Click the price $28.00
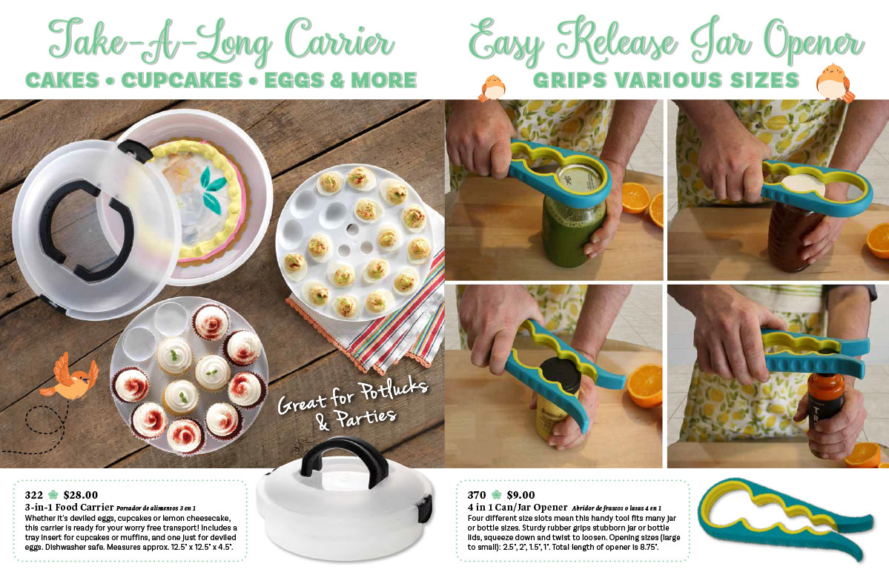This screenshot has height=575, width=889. pyautogui.click(x=81, y=495)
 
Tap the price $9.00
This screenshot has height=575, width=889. pyautogui.click(x=520, y=495)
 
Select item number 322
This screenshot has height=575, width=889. pyautogui.click(x=33, y=495)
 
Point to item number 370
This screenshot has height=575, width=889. pyautogui.click(x=477, y=495)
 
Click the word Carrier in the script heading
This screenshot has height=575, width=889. pyautogui.click(x=339, y=41)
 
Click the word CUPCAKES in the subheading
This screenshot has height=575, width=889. pyautogui.click(x=182, y=81)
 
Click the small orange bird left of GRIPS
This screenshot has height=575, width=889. pyautogui.click(x=492, y=87)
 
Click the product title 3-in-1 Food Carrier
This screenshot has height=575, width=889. pyautogui.click(x=69, y=508)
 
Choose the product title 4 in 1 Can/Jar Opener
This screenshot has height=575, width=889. pyautogui.click(x=517, y=508)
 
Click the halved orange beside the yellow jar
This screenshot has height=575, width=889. pyautogui.click(x=644, y=385)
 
